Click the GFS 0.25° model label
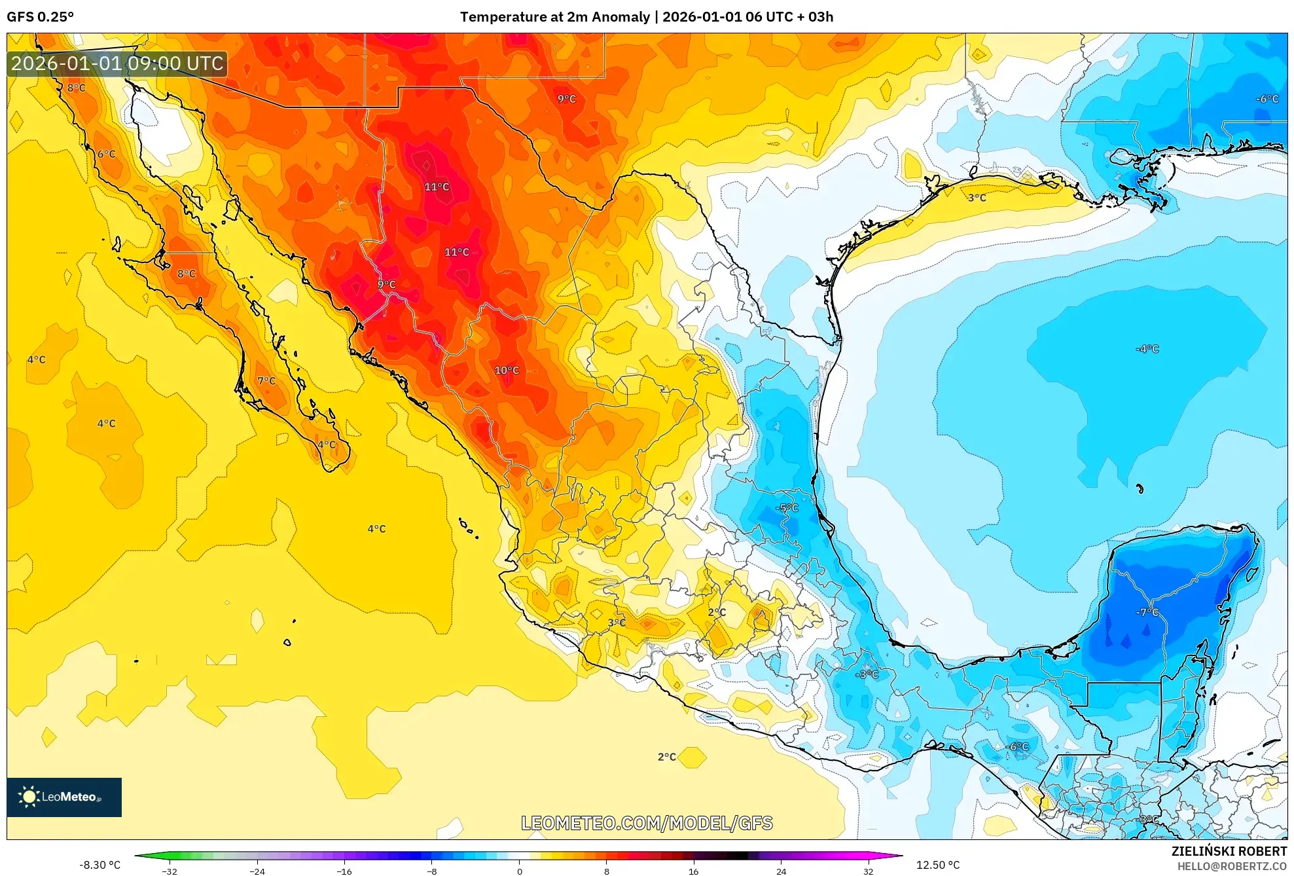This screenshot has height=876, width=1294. point(40,17)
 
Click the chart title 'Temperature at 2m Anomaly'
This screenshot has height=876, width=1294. point(555,17)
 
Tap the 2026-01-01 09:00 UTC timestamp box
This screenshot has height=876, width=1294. point(117,64)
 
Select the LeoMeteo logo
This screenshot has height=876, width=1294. point(64,797)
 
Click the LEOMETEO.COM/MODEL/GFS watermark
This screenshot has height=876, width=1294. point(647,823)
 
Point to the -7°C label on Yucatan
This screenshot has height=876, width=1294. point(1147,612)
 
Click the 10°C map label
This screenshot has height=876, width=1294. point(507,371)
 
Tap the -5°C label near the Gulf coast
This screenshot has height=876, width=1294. point(787,508)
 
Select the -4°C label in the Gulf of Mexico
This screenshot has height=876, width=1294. point(1147,349)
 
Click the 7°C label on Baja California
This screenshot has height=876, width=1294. point(266,381)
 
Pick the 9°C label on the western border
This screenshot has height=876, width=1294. point(387,285)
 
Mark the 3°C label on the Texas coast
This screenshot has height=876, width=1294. point(977,198)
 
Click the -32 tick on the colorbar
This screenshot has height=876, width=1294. point(170,871)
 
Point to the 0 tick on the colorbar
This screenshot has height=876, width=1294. point(519,871)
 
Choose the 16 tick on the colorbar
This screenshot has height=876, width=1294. point(694,871)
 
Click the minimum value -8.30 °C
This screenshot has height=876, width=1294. point(99,865)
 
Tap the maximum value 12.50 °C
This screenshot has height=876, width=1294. point(937,865)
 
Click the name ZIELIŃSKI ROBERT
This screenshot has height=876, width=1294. point(1229,851)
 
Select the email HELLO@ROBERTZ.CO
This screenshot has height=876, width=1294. point(1231,866)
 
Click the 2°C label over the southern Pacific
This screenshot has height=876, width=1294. point(666,757)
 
